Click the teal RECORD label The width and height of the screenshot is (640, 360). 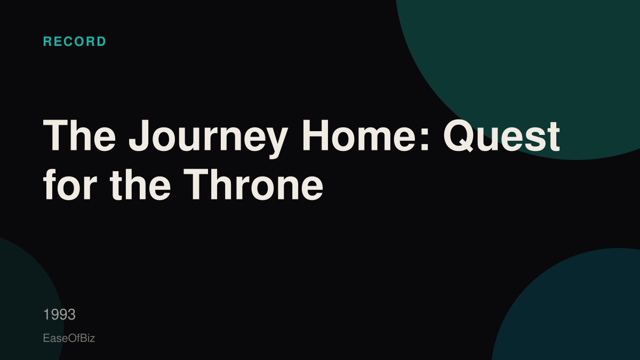click(75, 42)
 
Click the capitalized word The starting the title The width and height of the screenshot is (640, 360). click(79, 135)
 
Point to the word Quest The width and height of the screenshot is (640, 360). click(501, 135)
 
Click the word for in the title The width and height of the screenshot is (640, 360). click(70, 185)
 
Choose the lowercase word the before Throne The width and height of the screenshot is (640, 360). click(140, 185)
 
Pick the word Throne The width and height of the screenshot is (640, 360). click(253, 185)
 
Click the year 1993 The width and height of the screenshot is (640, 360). click(59, 315)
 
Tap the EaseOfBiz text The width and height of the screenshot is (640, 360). click(69, 338)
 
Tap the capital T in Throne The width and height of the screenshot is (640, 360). click(197, 183)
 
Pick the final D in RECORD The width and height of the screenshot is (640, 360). click(101, 42)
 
